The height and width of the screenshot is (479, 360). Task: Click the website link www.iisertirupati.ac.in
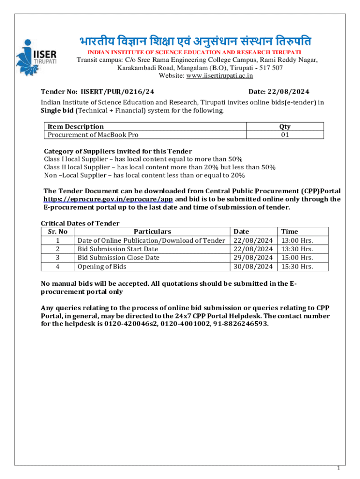(219, 75)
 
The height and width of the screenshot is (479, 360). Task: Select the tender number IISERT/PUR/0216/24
(117, 92)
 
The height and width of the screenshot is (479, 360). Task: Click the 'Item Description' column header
(75, 126)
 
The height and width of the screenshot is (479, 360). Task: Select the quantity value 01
(285, 135)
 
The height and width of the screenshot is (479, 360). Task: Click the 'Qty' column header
(285, 126)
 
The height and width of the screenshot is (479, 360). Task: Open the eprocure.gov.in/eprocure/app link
(108, 199)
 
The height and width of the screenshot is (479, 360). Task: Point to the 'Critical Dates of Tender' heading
(80, 223)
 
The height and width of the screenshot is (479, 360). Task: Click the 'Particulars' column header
(152, 231)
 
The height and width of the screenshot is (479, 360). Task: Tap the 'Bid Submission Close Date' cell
(118, 257)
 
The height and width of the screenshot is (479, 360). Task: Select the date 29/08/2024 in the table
(253, 257)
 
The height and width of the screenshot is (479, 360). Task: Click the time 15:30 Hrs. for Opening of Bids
(297, 266)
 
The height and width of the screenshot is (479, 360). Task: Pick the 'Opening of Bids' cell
(101, 266)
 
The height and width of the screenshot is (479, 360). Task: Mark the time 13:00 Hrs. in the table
(297, 240)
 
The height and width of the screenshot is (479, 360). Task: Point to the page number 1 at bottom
(338, 468)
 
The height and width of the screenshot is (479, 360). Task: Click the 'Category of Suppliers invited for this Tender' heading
(118, 151)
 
